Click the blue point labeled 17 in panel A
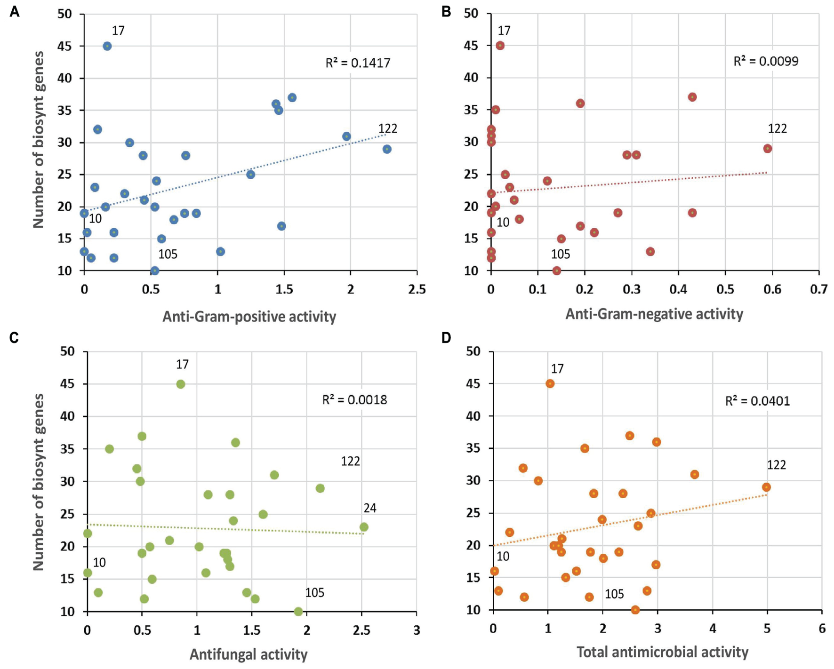pyautogui.click(x=107, y=46)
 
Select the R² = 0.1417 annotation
pyautogui.click(x=358, y=63)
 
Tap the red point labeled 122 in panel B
pyautogui.click(x=768, y=149)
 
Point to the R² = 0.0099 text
pyautogui.click(x=766, y=61)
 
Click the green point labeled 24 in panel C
pyautogui.click(x=364, y=527)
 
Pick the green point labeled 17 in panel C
pyautogui.click(x=181, y=384)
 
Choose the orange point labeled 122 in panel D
pyautogui.click(x=767, y=487)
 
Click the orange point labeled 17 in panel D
pyautogui.click(x=550, y=384)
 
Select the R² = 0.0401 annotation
pyautogui.click(x=758, y=401)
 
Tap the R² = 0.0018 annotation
pyautogui.click(x=354, y=400)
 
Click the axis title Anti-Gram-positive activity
pyautogui.click(x=249, y=317)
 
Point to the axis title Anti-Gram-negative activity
pyautogui.click(x=654, y=314)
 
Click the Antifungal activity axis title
pyautogui.click(x=249, y=654)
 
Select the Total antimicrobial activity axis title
pyautogui.click(x=662, y=652)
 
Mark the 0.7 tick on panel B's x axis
pyautogui.click(x=819, y=289)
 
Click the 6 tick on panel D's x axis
pyautogui.click(x=822, y=628)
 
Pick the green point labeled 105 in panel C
pyautogui.click(x=298, y=612)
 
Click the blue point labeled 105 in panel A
pyautogui.click(x=155, y=271)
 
